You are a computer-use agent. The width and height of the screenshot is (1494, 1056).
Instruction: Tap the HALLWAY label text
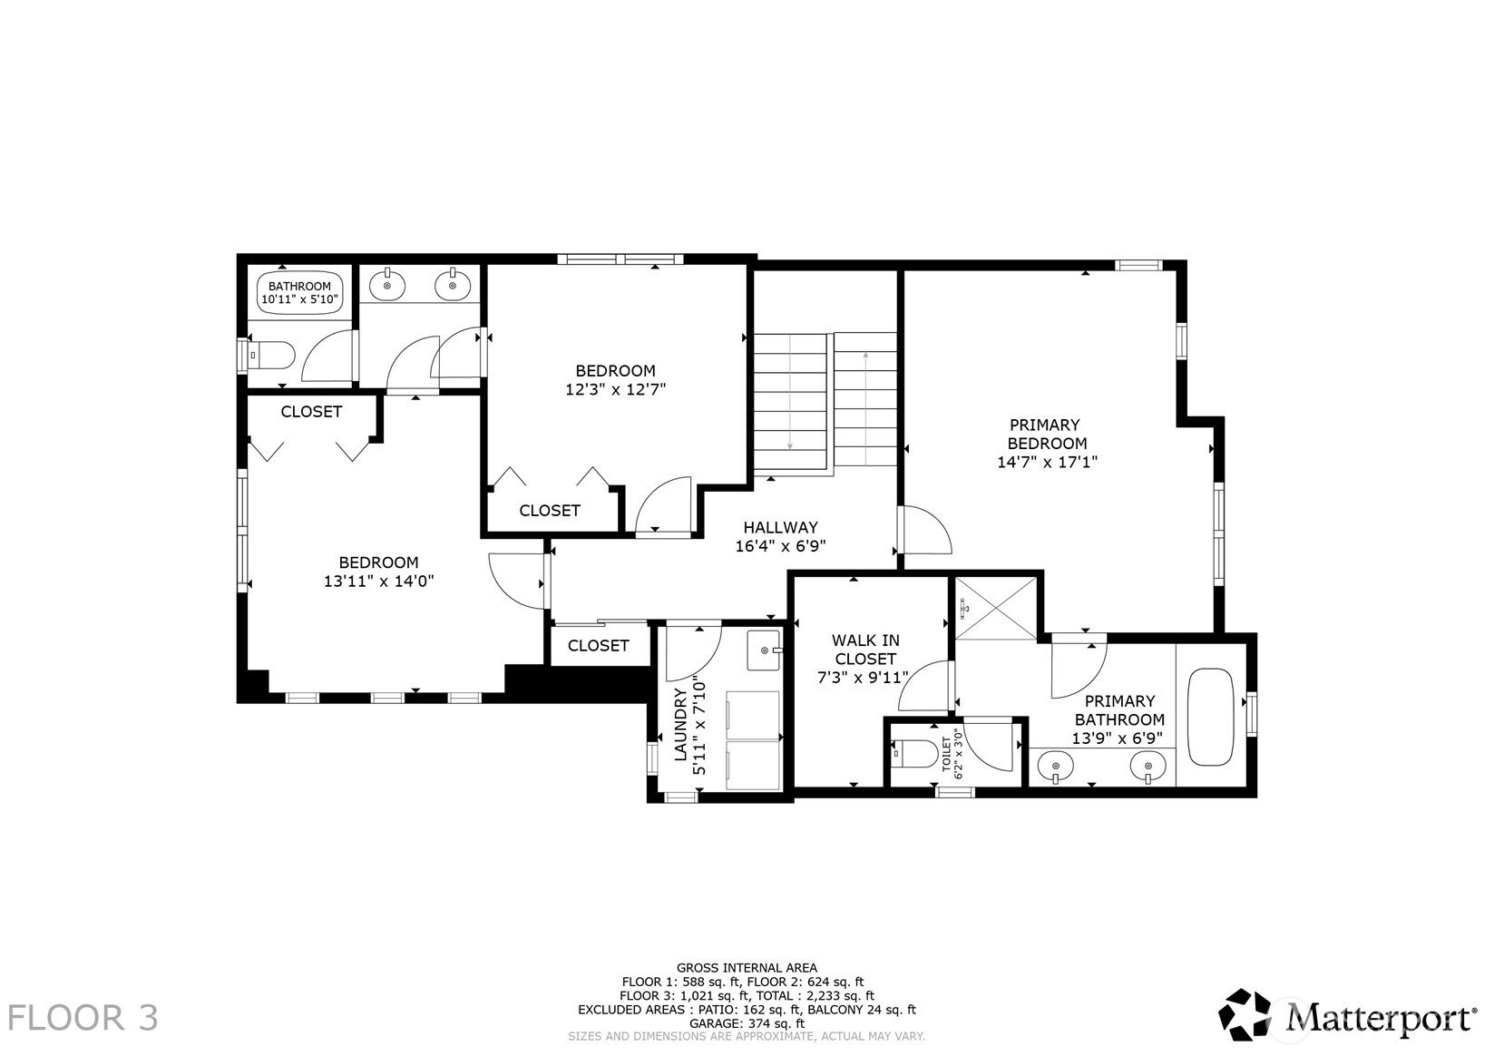click(x=780, y=528)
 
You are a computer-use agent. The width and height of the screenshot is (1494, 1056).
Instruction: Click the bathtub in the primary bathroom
click(x=1211, y=717)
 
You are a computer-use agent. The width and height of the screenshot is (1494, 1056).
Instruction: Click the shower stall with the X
click(x=995, y=610)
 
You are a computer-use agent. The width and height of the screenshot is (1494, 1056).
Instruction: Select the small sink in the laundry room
click(x=764, y=650)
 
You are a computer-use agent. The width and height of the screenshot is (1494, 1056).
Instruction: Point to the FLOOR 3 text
click(x=83, y=1018)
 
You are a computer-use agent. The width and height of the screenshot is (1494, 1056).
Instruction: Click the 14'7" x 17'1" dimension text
click(x=1047, y=462)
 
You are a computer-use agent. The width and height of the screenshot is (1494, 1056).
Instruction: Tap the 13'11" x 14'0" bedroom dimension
click(x=379, y=581)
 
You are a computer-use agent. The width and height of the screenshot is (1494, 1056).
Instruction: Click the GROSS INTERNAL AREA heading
click(x=747, y=967)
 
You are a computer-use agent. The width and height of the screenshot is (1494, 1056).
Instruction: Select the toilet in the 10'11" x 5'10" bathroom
click(x=271, y=355)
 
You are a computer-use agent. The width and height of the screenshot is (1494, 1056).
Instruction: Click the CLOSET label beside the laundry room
click(x=599, y=645)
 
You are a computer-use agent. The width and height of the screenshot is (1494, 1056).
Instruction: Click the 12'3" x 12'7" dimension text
click(x=616, y=389)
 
